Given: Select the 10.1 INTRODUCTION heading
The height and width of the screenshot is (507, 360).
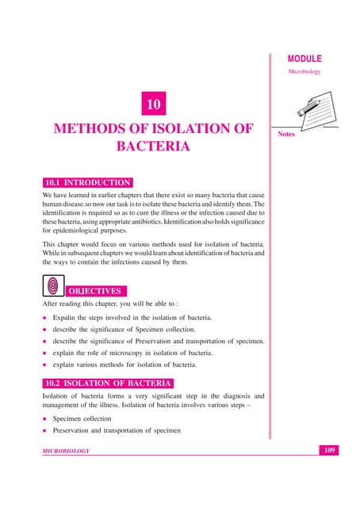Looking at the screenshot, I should coord(86,182).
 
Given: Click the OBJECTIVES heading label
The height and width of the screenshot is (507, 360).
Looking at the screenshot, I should coord(94,291).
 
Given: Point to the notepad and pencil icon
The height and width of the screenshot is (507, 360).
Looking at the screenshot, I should coord(306,111).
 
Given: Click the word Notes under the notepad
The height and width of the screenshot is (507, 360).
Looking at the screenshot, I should coord(286,135).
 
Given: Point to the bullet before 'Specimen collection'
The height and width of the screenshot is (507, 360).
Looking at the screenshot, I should coord(44,418).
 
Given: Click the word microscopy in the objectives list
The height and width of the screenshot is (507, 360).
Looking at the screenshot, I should coord(127,353).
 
